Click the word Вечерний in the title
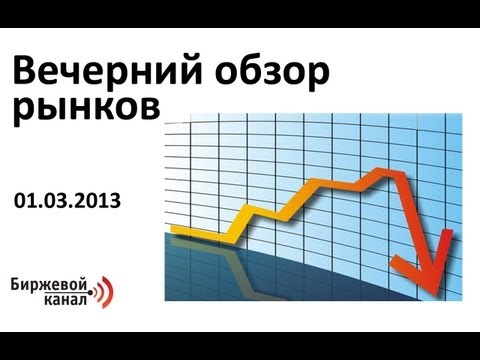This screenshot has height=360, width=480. click(x=107, y=71)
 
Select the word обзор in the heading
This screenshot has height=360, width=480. click(x=272, y=73)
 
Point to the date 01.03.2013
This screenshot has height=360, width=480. click(x=67, y=201)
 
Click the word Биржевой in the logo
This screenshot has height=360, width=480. click(x=49, y=286)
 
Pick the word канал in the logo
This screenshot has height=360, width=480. click(x=66, y=300)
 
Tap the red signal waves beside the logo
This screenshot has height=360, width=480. click(x=104, y=292)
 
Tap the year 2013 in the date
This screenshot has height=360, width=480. click(x=103, y=201)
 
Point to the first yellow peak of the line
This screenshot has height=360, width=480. click(x=247, y=209)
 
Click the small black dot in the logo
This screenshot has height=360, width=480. click(x=91, y=292)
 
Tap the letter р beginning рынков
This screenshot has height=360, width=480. click(x=23, y=112)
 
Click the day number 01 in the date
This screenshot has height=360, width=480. click(x=25, y=201)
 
